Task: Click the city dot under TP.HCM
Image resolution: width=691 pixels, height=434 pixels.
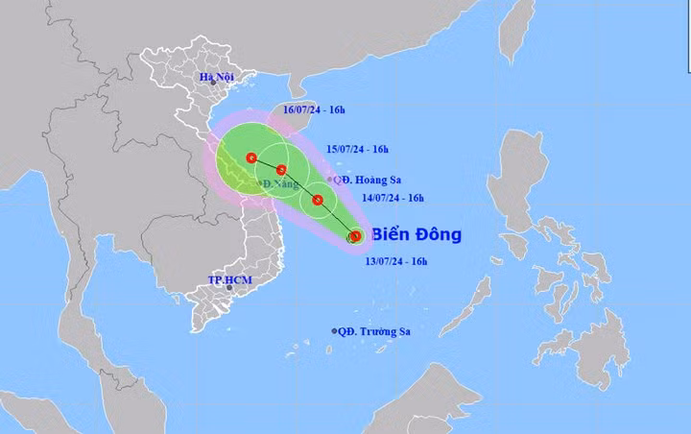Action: point(229,288)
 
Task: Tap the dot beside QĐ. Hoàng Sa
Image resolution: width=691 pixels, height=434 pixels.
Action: point(331,180)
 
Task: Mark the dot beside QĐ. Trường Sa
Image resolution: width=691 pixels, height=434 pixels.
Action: point(335,331)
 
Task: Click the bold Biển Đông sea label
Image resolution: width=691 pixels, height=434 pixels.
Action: point(416,234)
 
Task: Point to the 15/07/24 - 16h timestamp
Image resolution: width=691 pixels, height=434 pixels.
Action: point(358,149)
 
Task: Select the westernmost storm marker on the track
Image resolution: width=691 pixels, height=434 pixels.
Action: point(251,157)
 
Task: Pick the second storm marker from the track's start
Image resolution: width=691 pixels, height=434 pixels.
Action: point(318,201)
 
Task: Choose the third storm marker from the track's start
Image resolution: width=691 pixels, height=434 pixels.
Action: point(281,171)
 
